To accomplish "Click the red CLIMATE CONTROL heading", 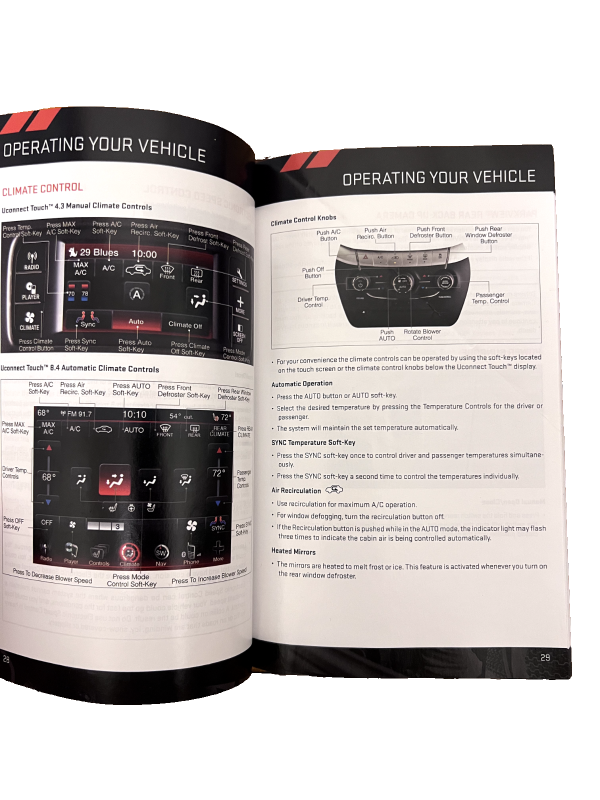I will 42,189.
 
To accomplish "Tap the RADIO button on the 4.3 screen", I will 31,261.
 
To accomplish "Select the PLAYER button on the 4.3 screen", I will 30,291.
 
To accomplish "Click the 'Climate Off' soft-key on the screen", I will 185,325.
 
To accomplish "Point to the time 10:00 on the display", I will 144,254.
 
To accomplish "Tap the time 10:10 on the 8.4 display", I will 134,414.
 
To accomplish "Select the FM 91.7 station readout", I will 76,413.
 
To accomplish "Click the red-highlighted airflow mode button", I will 115,480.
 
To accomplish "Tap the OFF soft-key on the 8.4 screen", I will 46,522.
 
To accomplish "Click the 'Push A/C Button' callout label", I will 328,235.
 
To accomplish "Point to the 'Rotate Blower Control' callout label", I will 422,334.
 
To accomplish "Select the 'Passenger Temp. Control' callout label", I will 490,298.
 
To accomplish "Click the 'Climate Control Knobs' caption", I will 303,220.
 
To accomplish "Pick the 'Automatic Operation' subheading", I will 302,383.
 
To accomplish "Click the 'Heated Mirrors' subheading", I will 293,551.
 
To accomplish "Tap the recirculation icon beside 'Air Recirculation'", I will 334,489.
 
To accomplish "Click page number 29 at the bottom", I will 545,657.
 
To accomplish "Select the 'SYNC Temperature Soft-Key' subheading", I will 313,442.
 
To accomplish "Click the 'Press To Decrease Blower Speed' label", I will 52,576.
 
